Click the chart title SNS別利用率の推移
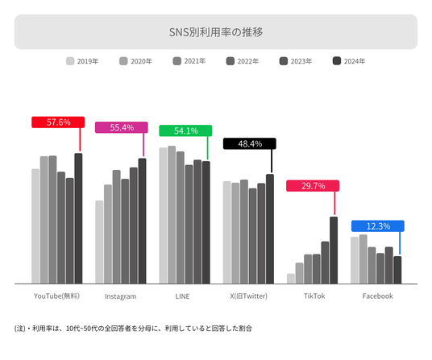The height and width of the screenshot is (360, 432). (x=216, y=32)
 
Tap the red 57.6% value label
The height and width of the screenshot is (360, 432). (x=58, y=122)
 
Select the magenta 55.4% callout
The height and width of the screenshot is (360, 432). (x=122, y=127)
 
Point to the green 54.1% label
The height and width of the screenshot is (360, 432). (x=185, y=130)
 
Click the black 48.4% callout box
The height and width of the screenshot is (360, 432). (x=250, y=143)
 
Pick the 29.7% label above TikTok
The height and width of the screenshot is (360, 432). (x=313, y=186)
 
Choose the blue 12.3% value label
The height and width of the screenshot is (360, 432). (x=378, y=226)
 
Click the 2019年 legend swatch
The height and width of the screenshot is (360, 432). (x=70, y=61)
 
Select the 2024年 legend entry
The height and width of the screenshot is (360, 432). (x=349, y=61)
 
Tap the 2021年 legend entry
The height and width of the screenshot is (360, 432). (x=189, y=61)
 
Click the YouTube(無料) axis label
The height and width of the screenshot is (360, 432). (x=56, y=296)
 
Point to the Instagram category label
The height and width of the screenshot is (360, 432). (x=120, y=296)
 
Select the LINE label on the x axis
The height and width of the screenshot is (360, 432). (x=182, y=296)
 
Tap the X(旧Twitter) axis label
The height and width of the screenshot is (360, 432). (x=248, y=296)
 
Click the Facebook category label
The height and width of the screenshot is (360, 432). (x=377, y=296)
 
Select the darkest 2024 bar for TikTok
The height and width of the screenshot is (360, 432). (x=334, y=250)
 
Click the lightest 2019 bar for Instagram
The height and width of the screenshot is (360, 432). (x=99, y=242)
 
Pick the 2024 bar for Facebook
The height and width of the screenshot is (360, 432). (x=397, y=270)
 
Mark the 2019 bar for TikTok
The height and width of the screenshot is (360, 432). (x=291, y=279)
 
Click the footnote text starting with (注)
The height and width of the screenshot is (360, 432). (x=133, y=329)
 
